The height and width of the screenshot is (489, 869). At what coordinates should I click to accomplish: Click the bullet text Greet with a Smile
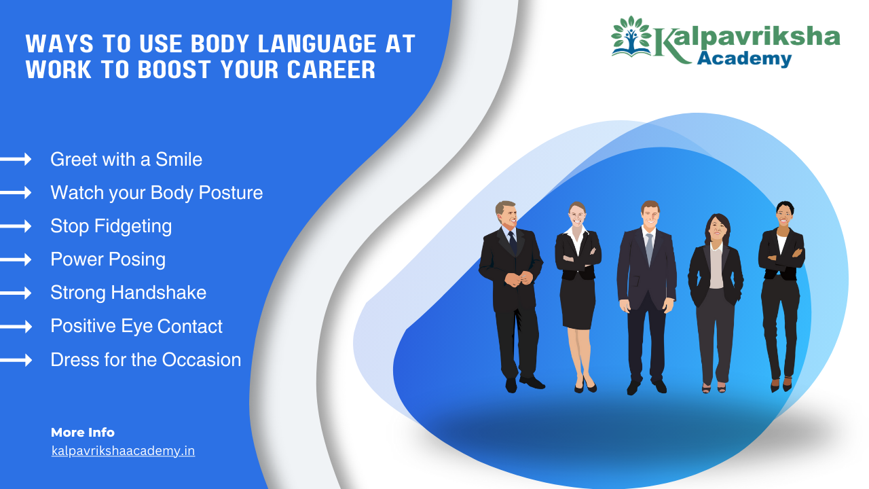pos(126,160)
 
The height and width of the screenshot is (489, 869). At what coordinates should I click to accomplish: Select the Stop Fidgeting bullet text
pos(111,226)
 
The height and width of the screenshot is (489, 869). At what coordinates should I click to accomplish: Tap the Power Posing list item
pos(107,259)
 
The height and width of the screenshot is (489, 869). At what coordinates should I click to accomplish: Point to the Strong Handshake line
pos(128,293)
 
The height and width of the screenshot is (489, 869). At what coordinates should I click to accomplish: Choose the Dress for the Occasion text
pos(145,360)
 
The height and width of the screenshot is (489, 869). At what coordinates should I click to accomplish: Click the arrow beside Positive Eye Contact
pos(16,327)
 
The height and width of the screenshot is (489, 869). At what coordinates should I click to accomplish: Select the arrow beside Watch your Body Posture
pos(16,193)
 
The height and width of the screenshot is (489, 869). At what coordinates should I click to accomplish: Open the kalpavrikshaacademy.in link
pos(123,451)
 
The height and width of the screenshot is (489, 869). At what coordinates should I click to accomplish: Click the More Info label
pos(83,433)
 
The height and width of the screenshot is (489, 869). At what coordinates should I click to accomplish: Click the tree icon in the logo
pos(631,37)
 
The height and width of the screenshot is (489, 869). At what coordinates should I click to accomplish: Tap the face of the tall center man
pos(650,217)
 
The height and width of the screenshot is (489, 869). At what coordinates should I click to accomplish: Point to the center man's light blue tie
pos(649,248)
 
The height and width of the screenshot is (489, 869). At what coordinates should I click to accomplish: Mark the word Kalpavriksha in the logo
pos(747,39)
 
